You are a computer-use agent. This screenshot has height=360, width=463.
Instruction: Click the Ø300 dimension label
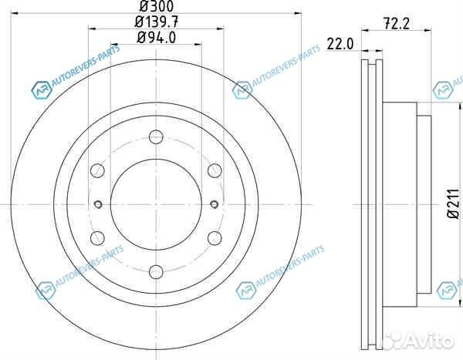coord(157,6)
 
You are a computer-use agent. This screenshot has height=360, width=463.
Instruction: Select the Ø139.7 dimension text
coord(157,22)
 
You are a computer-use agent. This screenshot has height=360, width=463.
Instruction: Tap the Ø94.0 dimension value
coord(157,38)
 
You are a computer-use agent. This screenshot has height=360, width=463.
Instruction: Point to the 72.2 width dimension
coord(397,24)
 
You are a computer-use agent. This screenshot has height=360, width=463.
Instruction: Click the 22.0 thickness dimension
coord(340,44)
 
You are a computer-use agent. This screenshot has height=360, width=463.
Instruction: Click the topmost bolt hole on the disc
coord(156,136)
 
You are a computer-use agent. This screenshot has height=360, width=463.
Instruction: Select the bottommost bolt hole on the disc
coord(156,272)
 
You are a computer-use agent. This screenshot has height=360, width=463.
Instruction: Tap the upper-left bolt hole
coord(97,170)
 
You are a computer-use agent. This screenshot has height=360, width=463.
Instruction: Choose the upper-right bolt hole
coord(215,170)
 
